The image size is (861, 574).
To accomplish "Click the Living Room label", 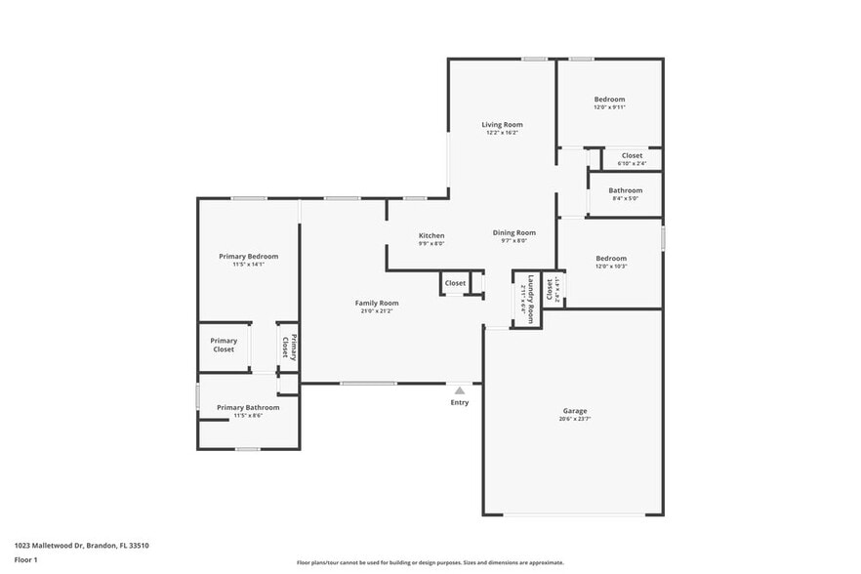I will [x=502, y=124].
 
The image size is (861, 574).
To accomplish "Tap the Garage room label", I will [x=574, y=411].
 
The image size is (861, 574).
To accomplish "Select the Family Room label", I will [x=376, y=303].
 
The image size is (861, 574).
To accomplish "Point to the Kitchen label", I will [x=431, y=235].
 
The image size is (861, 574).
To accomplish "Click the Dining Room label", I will [x=513, y=232].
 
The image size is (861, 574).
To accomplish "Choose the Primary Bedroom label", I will [x=248, y=256].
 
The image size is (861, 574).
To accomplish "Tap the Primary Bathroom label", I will [x=248, y=407].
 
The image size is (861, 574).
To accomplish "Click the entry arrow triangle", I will [x=459, y=390].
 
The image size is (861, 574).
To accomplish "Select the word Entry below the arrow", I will [x=459, y=402].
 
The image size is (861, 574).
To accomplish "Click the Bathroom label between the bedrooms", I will [x=625, y=190].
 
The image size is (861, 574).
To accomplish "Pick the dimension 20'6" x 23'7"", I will [x=574, y=420].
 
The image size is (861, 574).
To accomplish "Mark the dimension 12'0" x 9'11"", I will [x=609, y=107].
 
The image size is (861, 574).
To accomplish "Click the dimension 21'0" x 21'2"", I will [x=376, y=311].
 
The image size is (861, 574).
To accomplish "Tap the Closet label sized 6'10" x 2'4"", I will [x=632, y=155].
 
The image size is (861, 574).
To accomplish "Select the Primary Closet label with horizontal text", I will [x=224, y=345].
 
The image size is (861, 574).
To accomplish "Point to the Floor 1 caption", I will [x=25, y=559].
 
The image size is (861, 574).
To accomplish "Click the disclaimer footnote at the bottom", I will [x=430, y=562].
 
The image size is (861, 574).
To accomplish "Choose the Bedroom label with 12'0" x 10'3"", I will [x=609, y=258].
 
